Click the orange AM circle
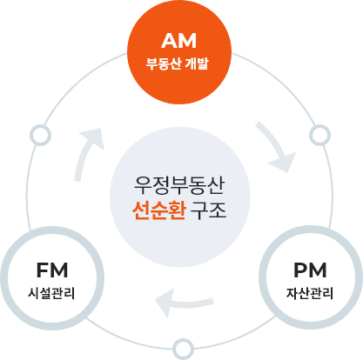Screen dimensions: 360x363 tap(181, 50)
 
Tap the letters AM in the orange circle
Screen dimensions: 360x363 tap(181, 42)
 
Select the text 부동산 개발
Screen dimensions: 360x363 tap(181, 63)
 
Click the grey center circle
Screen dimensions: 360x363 tap(181, 197)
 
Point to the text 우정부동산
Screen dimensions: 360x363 tap(181, 184)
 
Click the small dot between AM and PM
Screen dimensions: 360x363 tap(319, 136)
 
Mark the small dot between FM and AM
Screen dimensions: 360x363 tap(40, 136)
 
